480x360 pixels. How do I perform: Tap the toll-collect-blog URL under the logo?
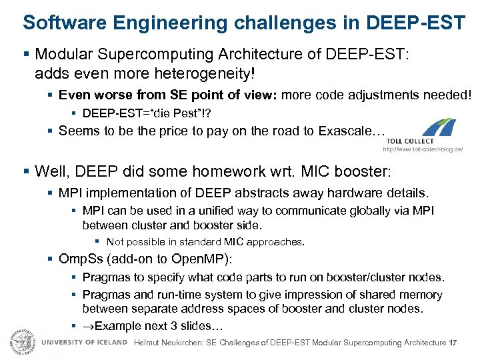[422, 149]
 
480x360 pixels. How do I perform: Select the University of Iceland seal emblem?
[22, 341]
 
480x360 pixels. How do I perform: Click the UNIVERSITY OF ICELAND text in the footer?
[84, 342]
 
